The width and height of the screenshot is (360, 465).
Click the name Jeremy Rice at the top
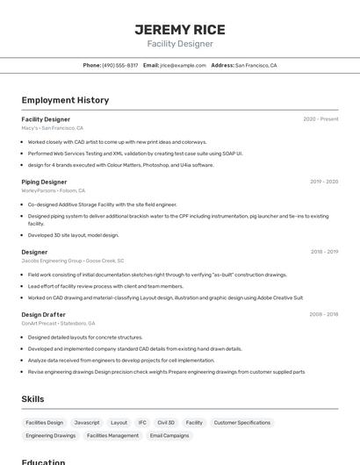(x=179, y=29)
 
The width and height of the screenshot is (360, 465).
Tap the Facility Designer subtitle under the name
(x=179, y=44)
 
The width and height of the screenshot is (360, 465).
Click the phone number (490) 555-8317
(x=119, y=65)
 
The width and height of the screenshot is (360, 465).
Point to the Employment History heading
(x=65, y=100)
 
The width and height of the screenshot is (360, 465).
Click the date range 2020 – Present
(x=320, y=119)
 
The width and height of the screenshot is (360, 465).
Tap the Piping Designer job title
(x=44, y=182)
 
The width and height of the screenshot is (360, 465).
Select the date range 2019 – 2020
(x=324, y=182)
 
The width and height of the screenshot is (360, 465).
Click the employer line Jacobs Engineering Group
(x=73, y=261)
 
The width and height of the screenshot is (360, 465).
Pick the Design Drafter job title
(x=43, y=314)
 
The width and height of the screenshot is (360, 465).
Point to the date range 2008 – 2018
(x=323, y=314)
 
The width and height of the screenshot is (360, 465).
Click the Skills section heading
(x=32, y=399)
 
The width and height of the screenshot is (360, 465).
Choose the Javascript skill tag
(x=87, y=423)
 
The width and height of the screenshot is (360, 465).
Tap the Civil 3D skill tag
(x=166, y=423)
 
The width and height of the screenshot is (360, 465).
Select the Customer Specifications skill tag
(x=242, y=423)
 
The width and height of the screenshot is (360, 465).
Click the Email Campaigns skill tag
(x=169, y=435)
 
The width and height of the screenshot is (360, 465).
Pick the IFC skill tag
(x=142, y=423)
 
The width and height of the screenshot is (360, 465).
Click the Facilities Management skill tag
(x=112, y=435)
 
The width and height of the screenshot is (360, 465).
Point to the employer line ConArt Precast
(x=59, y=323)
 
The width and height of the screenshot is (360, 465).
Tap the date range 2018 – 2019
(x=324, y=252)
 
